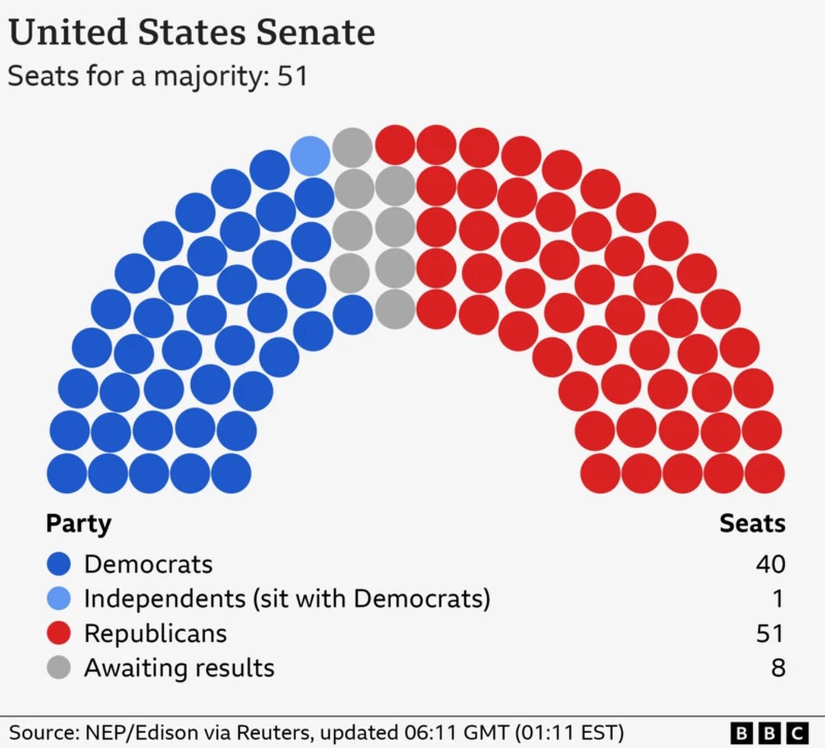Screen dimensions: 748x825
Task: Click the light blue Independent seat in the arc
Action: pos(310,156)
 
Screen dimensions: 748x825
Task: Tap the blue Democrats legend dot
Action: pos(59,564)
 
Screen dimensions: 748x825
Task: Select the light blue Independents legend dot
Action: pos(59,598)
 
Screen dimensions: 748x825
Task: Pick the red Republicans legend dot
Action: pos(59,633)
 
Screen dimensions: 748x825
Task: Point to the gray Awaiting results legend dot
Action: pos(59,667)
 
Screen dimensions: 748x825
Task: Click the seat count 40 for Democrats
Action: pos(770,564)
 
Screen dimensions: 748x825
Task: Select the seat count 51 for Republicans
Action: pos(770,633)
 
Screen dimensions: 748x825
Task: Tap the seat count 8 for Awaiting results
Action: pos(778,668)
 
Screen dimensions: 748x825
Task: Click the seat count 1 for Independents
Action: pos(778,598)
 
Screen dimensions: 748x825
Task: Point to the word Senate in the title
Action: pos(315,32)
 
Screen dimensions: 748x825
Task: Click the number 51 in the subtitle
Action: pos(293,76)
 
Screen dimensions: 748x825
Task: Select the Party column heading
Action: pos(78,524)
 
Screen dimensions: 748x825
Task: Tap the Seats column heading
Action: pos(752,524)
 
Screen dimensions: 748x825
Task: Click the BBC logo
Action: pos(769,733)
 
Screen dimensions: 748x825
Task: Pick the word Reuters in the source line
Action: pos(278,732)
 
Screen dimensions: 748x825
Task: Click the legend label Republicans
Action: pos(156,633)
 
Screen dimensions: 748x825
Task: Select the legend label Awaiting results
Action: pos(179,668)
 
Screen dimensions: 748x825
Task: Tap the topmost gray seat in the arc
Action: pos(352,147)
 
